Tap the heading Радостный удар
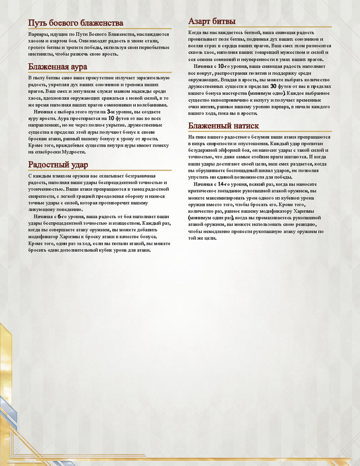click(x=58, y=165)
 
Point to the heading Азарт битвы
click(x=212, y=22)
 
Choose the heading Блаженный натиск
click(x=223, y=126)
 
